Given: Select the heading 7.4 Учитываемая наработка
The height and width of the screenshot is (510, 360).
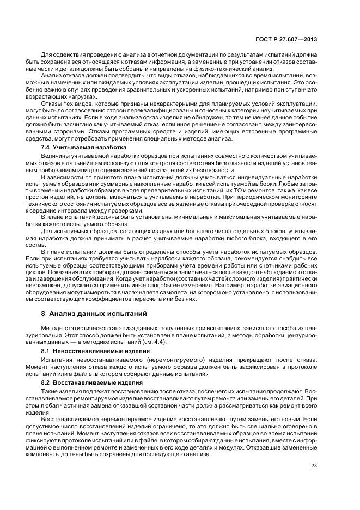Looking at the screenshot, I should point(84,148).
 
